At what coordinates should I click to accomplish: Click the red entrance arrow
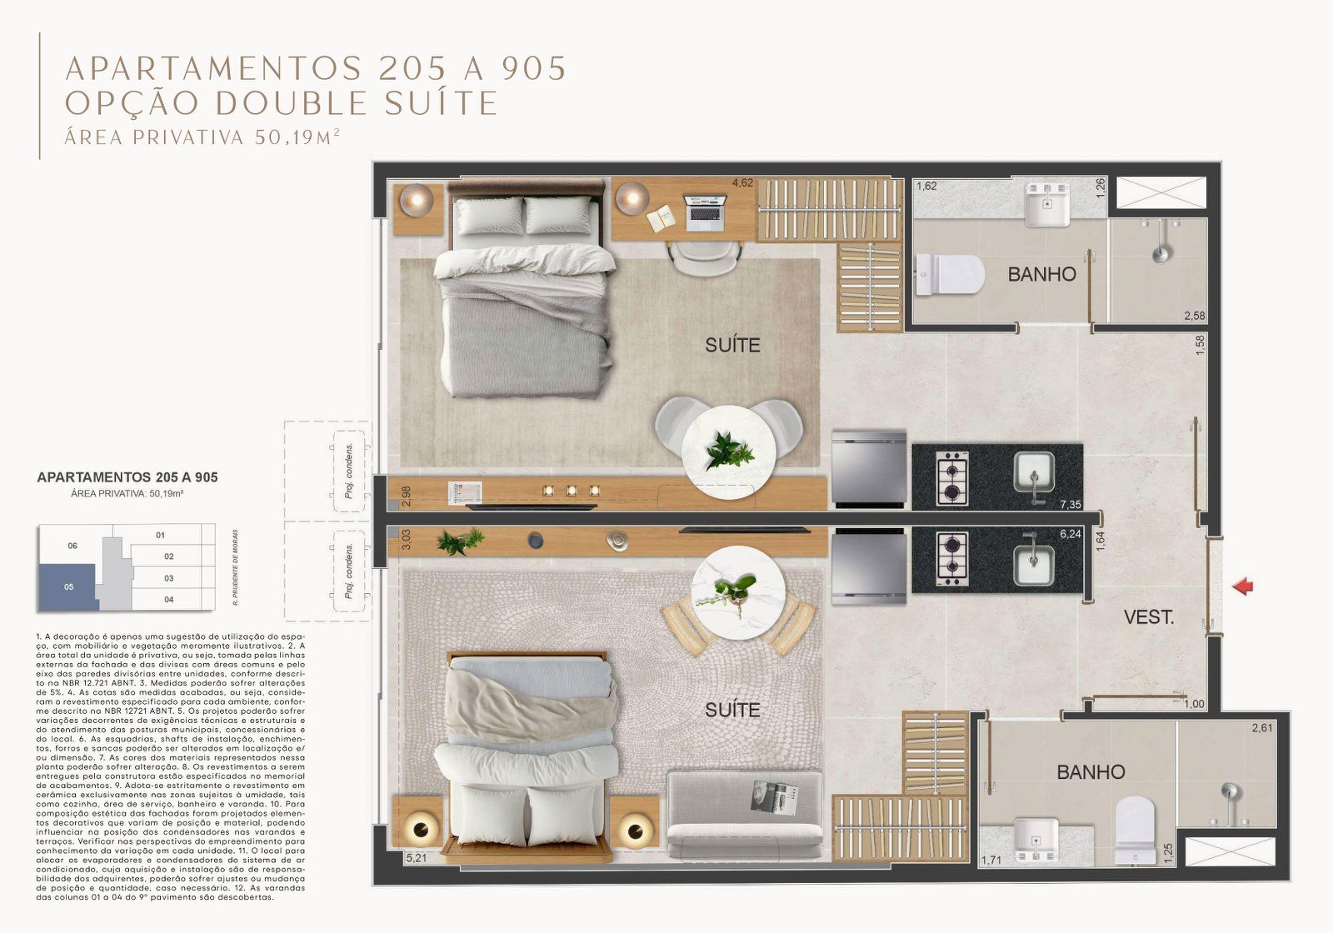pos(1243,586)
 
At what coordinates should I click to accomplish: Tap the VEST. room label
pos(1148,617)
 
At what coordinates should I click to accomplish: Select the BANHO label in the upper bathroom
pos(1041,274)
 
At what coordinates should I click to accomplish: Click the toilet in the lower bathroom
pos(1135,824)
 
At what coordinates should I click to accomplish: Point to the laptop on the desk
pos(705,212)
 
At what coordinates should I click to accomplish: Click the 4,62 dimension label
pos(741,182)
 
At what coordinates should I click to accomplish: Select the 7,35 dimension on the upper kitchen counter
pos(1070,505)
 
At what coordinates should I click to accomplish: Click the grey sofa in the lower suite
pos(744,816)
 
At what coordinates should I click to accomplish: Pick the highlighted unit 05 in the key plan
pos(68,586)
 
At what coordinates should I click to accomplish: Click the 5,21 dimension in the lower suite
pos(415,856)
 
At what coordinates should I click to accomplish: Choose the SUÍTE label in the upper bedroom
pos(732,345)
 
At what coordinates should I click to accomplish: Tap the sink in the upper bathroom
pos(1047,205)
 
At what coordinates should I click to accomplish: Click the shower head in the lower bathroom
pos(1226,792)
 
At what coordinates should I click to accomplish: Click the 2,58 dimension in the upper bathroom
pos(1194,316)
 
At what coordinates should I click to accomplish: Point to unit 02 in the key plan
pos(168,556)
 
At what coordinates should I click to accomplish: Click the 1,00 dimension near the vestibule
pos(1194,704)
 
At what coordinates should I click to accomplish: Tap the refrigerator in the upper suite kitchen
pos(869,467)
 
